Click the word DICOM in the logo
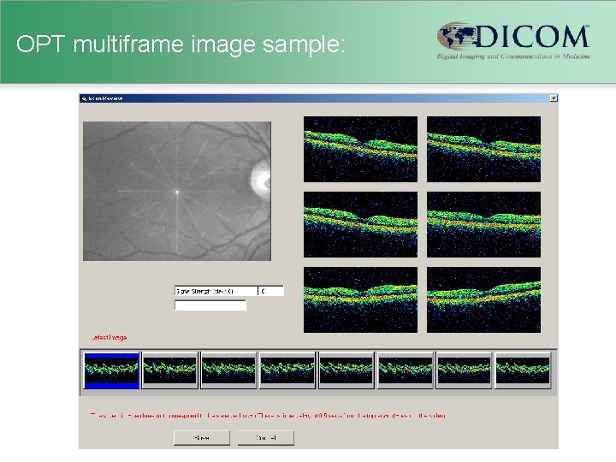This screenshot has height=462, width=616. click(531, 37)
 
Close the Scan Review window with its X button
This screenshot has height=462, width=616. click(553, 98)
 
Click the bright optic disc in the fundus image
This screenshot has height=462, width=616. click(258, 179)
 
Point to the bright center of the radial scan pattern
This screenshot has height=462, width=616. click(177, 192)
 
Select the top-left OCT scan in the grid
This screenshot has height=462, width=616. click(360, 149)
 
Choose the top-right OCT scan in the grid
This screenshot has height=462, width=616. click(483, 149)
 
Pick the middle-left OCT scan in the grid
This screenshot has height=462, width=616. click(360, 224)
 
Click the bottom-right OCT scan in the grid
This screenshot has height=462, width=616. click(483, 299)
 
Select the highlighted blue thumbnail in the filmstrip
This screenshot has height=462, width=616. click(111, 370)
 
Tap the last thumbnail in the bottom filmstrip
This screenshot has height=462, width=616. click(523, 370)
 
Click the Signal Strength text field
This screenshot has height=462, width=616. click(216, 292)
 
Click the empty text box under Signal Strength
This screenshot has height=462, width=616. click(210, 305)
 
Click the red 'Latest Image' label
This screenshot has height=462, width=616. click(109, 338)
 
